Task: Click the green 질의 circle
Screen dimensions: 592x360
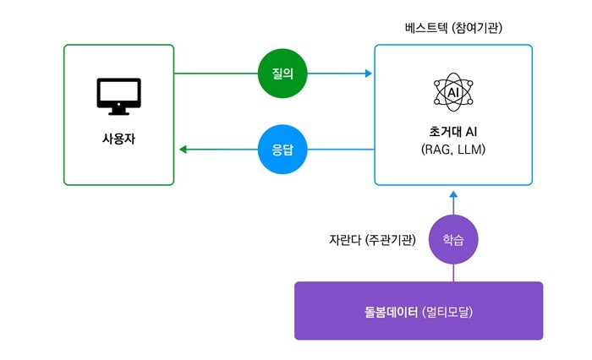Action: pyautogui.click(x=282, y=74)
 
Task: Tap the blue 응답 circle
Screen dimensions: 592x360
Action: pyautogui.click(x=282, y=150)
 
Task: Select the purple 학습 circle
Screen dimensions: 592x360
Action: pyautogui.click(x=453, y=239)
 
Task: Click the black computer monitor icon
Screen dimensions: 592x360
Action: pyautogui.click(x=119, y=96)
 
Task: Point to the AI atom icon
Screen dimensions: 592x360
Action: pyautogui.click(x=453, y=92)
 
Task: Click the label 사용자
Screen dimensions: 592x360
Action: pyautogui.click(x=118, y=139)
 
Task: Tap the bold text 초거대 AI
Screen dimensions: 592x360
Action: pyautogui.click(x=453, y=131)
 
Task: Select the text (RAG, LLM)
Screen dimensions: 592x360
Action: pyautogui.click(x=453, y=150)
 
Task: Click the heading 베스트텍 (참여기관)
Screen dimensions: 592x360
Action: pyautogui.click(x=453, y=28)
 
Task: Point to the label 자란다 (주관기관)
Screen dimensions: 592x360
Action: pyautogui.click(x=372, y=240)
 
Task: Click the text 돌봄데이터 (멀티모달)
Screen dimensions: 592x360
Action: pyautogui.click(x=419, y=312)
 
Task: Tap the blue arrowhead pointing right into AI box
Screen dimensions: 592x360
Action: pyautogui.click(x=369, y=74)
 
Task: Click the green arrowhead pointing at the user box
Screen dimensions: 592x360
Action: pyautogui.click(x=184, y=150)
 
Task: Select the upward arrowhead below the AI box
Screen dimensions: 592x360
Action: pyautogui.click(x=453, y=194)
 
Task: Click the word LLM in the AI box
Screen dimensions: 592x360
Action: pyautogui.click(x=472, y=150)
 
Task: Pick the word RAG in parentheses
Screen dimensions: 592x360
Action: pyautogui.click(x=436, y=150)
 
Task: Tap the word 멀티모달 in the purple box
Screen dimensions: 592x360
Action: pyautogui.click(x=447, y=312)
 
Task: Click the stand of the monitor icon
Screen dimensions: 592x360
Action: pyautogui.click(x=119, y=112)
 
